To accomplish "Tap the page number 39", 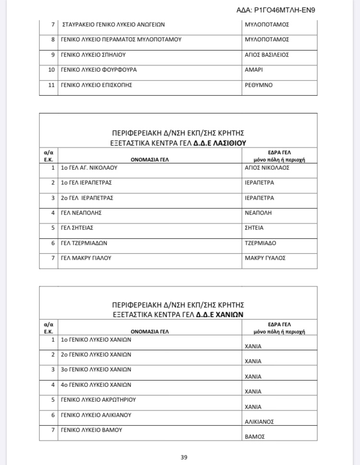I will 184,457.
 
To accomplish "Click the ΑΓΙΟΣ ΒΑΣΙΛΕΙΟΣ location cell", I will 266,55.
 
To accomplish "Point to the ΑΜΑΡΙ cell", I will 253,70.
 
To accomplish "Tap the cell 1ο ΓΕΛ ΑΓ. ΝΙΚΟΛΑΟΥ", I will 89,168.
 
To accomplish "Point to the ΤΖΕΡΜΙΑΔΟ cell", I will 260,243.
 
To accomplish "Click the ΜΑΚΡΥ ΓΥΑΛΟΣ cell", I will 265,258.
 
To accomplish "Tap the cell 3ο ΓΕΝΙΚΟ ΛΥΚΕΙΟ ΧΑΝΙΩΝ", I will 96,369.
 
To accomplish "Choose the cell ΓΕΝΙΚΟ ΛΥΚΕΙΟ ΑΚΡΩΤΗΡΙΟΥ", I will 98,400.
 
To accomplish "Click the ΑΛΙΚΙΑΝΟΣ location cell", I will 259,421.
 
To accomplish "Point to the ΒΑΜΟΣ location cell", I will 255,437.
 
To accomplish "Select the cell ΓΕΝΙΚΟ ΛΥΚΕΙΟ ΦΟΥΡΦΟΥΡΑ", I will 98,70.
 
